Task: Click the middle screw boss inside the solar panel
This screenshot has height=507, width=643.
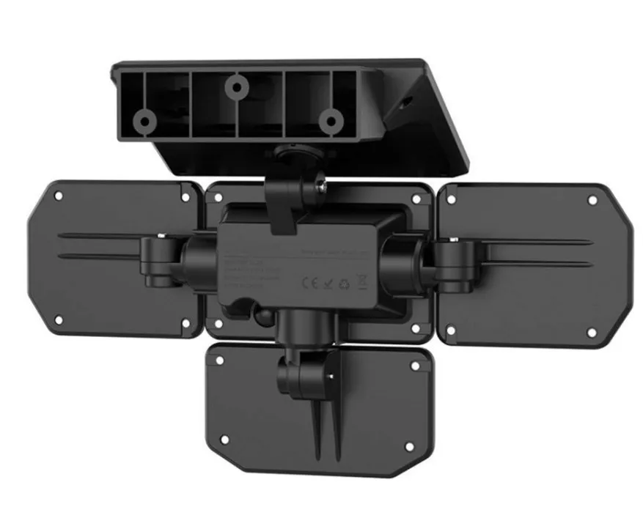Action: coord(235,87)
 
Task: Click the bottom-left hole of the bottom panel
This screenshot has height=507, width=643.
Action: coord(225,439)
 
